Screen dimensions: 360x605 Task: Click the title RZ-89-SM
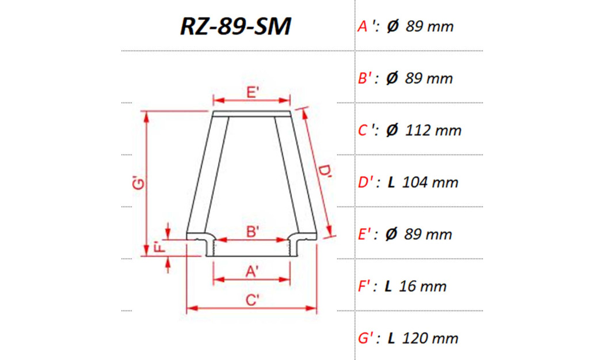pyautogui.click(x=235, y=26)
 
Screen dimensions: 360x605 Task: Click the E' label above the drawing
pyautogui.click(x=253, y=92)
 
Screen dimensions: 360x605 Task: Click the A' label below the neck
pyautogui.click(x=252, y=271)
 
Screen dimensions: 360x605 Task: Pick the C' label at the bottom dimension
pyautogui.click(x=252, y=300)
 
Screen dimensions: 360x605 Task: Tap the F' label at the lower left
pyautogui.click(x=161, y=248)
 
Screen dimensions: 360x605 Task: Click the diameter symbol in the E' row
pyautogui.click(x=391, y=234)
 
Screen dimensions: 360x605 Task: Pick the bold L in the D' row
pyautogui.click(x=391, y=183)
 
